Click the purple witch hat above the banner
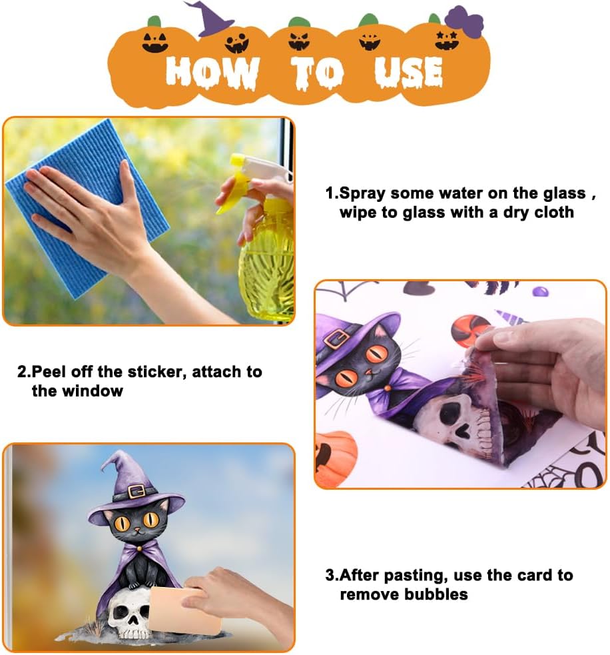click(x=208, y=19)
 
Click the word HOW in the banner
click(x=212, y=72)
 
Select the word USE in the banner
click(x=408, y=72)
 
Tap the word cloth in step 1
click(x=554, y=212)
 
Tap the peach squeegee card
click(x=184, y=611)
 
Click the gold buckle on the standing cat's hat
click(x=136, y=492)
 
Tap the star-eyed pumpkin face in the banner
click(x=446, y=41)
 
